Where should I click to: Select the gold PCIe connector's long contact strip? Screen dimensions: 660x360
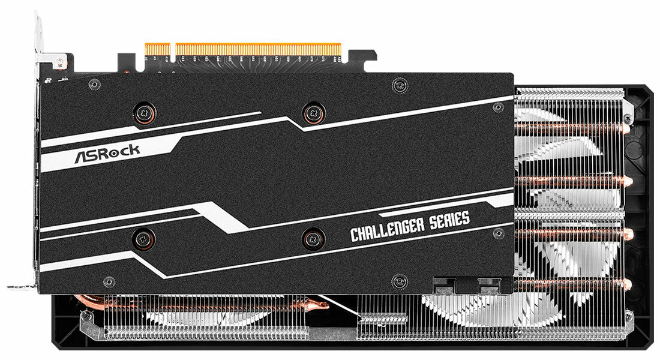(258, 49)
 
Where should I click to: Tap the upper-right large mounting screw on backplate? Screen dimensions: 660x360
(313, 112)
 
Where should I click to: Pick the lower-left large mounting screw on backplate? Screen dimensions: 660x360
(140, 236)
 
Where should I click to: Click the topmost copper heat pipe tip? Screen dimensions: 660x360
(626, 128)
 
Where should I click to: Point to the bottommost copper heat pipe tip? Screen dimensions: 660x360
(626, 284)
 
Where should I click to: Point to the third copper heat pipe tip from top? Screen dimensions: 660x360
(626, 233)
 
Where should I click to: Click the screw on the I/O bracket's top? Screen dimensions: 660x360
(59, 61)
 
